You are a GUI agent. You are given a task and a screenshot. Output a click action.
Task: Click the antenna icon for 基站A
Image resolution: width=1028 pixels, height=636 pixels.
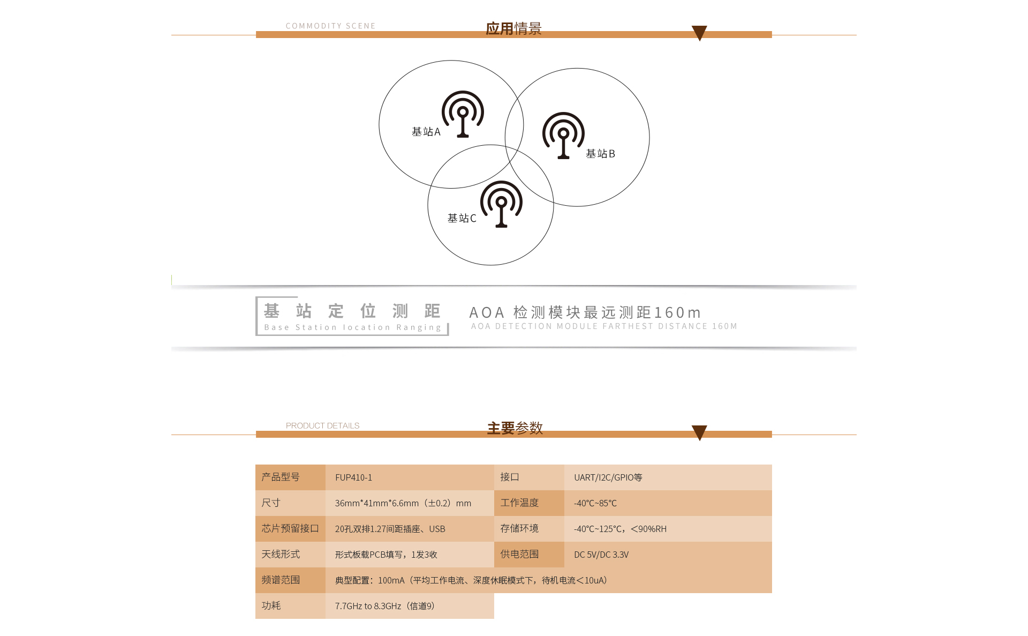tap(463, 114)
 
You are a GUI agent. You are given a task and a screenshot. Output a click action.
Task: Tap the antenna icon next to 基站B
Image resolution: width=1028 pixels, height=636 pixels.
tap(563, 135)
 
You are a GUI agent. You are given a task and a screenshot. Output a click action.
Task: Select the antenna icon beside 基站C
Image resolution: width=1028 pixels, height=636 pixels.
tap(501, 204)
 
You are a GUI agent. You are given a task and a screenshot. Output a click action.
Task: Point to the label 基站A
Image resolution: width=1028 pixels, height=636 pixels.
tap(426, 132)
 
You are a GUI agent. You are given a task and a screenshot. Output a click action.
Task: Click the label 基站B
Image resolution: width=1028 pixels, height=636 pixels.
tap(601, 154)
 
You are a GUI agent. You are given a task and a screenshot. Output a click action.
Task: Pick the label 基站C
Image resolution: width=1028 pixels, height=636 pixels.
tap(462, 218)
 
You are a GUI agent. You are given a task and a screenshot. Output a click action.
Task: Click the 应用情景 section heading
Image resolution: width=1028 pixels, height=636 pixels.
tap(514, 28)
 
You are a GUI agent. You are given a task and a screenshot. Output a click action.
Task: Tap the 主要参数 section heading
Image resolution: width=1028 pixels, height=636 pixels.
tap(515, 428)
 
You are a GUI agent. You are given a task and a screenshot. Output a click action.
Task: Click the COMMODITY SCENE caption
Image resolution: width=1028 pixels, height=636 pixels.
tap(331, 26)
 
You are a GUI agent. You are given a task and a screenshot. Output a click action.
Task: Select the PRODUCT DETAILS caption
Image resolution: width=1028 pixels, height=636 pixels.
tap(323, 425)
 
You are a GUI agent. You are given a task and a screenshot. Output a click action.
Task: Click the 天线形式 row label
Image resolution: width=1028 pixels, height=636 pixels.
tap(281, 554)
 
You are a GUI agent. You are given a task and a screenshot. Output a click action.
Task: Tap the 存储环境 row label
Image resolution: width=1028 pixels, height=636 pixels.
tap(519, 528)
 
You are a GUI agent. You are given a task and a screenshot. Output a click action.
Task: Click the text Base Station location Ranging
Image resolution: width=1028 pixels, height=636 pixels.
tap(353, 327)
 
